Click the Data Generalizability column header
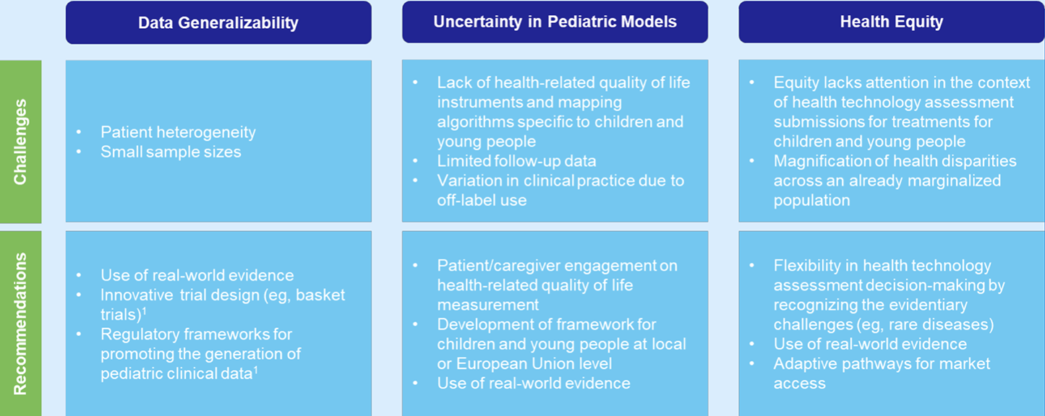pyautogui.click(x=218, y=22)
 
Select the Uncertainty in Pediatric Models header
pyautogui.click(x=555, y=22)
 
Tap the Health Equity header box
pyautogui.click(x=892, y=22)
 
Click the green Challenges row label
pyautogui.click(x=20, y=142)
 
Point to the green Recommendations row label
pyautogui.click(x=20, y=324)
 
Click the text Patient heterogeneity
pyautogui.click(x=178, y=132)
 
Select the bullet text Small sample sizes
pyautogui.click(x=171, y=152)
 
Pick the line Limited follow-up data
pyautogui.click(x=516, y=161)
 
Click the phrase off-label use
pyautogui.click(x=482, y=200)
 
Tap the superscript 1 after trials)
pyautogui.click(x=144, y=311)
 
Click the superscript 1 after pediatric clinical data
pyautogui.click(x=256, y=369)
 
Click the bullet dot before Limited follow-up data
pyautogui.click(x=415, y=161)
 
